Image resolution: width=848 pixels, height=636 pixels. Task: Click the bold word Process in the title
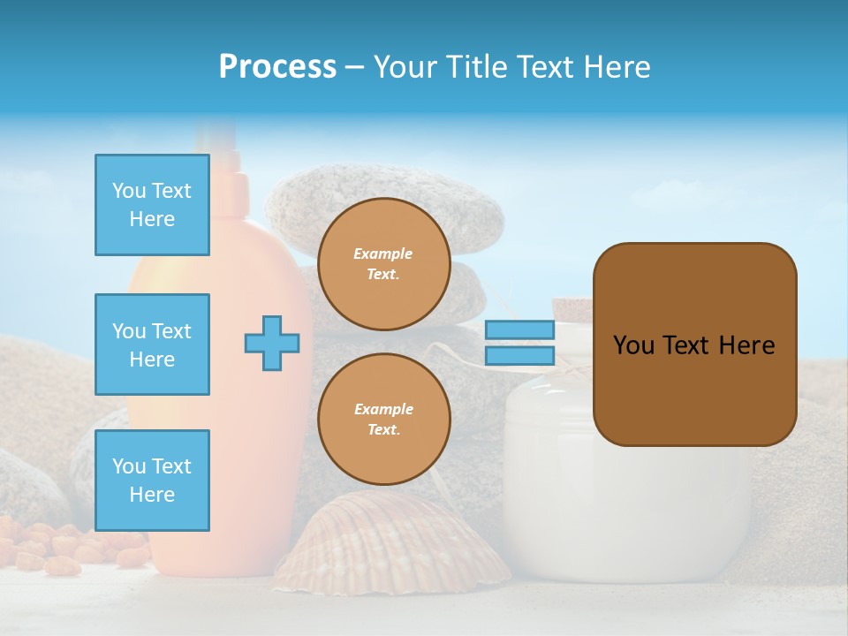(x=277, y=67)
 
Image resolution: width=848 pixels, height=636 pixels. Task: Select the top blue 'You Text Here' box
(x=152, y=205)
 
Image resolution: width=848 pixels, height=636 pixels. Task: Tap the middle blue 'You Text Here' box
(x=152, y=344)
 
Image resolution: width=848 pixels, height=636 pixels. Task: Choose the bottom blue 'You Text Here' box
(x=152, y=481)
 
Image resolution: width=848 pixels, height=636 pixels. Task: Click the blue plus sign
(x=272, y=343)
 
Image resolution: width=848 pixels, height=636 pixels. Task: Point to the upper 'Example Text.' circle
(x=383, y=264)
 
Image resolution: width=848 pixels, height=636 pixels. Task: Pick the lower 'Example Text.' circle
(x=383, y=419)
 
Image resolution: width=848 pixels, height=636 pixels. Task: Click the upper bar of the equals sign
(x=519, y=330)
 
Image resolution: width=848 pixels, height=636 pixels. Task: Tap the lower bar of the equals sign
(x=519, y=355)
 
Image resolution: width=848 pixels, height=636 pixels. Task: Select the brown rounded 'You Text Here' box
(x=694, y=344)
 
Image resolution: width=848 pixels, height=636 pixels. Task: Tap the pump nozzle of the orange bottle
(x=216, y=141)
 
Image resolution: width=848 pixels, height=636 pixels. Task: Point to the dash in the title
(x=354, y=67)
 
